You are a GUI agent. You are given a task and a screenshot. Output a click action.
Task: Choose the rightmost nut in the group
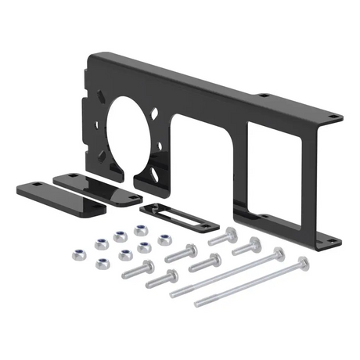(x=164, y=240)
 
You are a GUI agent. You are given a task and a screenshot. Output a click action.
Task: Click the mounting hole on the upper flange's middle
(x=265, y=95)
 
